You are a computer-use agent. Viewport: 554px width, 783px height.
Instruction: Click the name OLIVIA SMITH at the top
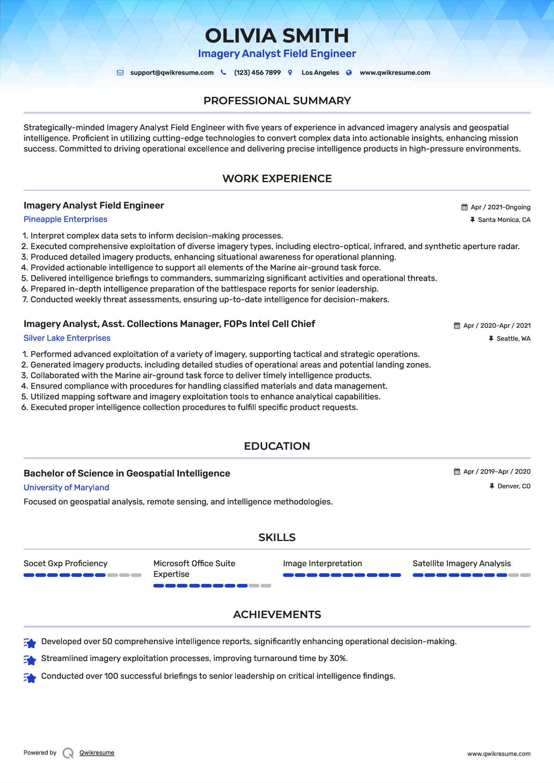[277, 36]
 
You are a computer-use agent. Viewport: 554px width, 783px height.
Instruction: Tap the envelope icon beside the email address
[120, 73]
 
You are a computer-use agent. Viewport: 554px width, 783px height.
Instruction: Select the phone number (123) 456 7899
[257, 73]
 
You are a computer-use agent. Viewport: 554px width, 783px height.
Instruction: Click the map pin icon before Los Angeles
[290, 73]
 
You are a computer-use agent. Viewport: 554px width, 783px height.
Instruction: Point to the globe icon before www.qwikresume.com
[349, 73]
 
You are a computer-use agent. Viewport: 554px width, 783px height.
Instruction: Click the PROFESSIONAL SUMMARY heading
[277, 101]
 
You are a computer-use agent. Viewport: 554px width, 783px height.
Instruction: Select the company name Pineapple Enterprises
[65, 219]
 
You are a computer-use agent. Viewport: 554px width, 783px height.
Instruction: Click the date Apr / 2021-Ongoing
[500, 207]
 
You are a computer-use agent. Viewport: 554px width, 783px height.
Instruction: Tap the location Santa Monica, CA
[504, 220]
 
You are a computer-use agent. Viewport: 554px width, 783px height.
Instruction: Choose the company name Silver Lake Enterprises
[67, 338]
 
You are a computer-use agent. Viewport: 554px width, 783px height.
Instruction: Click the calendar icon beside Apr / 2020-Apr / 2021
[457, 326]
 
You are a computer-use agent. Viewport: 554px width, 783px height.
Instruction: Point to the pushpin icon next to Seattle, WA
[491, 339]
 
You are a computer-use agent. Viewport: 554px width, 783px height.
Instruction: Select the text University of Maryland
[66, 488]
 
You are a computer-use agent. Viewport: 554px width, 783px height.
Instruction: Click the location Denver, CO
[514, 486]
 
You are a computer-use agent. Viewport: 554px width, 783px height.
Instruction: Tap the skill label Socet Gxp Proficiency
[65, 563]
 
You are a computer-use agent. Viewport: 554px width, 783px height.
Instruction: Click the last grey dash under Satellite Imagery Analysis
[525, 575]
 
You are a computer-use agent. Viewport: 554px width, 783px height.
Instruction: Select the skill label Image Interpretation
[322, 563]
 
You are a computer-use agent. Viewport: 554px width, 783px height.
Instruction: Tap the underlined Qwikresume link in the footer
[97, 753]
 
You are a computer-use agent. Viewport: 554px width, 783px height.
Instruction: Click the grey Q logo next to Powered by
[68, 753]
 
